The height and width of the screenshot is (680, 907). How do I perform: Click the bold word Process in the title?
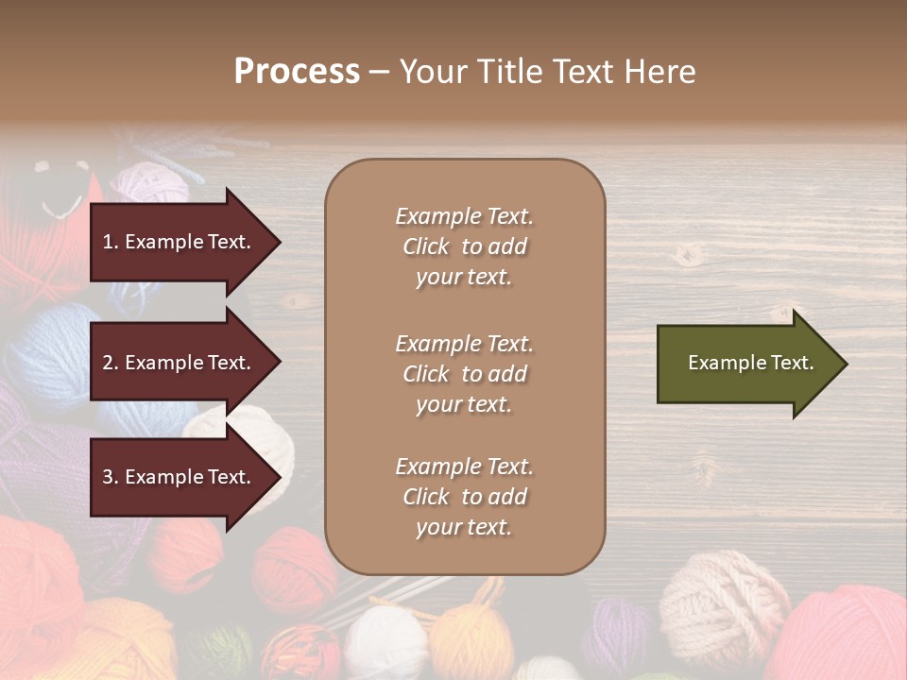point(296,72)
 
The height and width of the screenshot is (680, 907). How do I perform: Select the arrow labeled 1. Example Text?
point(180,242)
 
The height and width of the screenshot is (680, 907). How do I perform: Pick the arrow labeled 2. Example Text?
point(180,363)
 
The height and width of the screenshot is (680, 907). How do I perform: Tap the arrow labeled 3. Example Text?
point(180,477)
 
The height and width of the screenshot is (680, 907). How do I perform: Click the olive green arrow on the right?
point(746,364)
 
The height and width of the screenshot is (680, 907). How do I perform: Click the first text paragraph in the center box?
point(464,246)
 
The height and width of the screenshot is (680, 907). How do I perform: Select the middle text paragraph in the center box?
point(464,374)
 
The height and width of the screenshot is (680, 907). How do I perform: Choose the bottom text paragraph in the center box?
point(464,497)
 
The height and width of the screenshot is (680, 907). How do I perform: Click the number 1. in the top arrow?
point(111,242)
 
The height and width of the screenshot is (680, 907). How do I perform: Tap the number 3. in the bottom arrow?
point(111,477)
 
